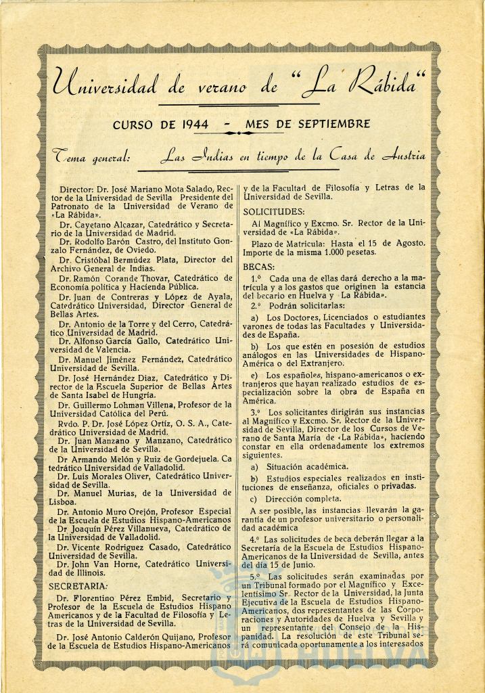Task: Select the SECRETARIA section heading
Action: click(78, 585)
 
